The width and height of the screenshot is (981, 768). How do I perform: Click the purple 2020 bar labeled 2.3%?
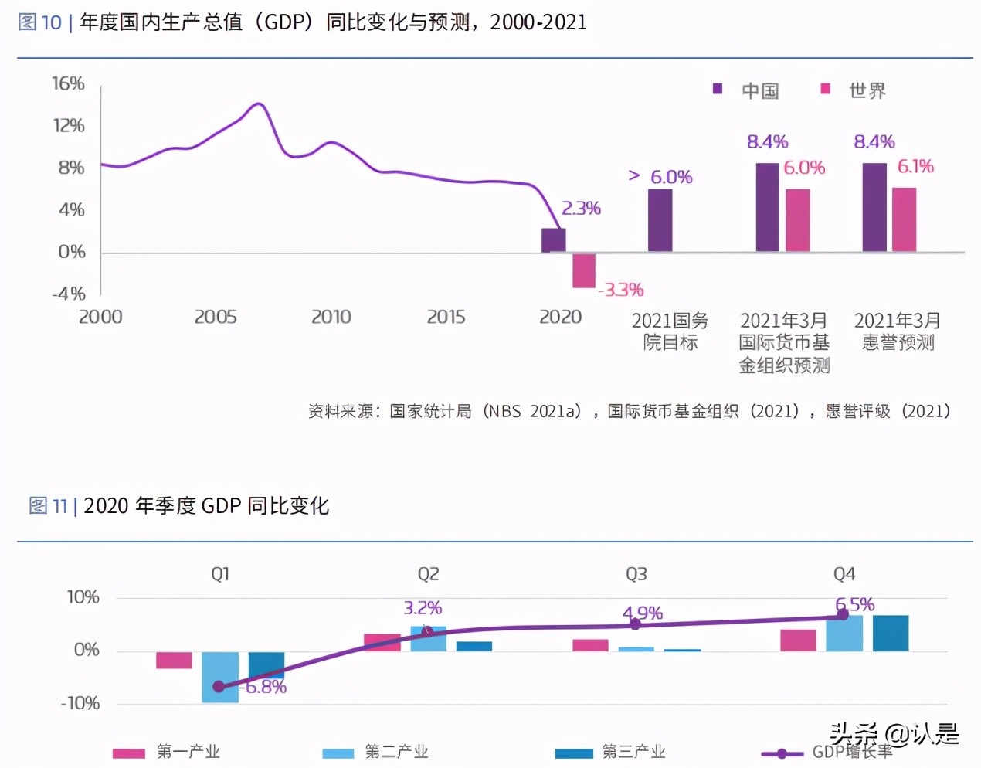click(x=553, y=240)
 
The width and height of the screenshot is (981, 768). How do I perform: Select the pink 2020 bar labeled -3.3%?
click(x=583, y=270)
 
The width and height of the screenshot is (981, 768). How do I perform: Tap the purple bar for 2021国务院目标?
click(x=660, y=220)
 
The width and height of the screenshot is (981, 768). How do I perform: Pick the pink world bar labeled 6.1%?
click(x=904, y=219)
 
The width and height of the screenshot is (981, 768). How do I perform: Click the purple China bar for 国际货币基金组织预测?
click(x=767, y=207)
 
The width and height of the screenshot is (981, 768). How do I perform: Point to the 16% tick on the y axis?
click(x=68, y=83)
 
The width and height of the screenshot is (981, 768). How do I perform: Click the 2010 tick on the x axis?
click(x=331, y=317)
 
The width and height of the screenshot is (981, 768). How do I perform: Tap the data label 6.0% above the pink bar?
click(x=804, y=168)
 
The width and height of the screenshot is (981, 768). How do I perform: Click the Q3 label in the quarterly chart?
click(x=636, y=574)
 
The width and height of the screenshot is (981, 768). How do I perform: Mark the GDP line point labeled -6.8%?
click(x=219, y=686)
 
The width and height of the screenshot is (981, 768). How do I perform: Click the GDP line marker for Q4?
click(x=843, y=615)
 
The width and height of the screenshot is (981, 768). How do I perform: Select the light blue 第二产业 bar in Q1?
click(x=220, y=677)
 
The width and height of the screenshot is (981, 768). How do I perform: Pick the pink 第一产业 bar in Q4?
click(x=798, y=641)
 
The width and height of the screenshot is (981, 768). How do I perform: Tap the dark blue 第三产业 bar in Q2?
click(x=474, y=646)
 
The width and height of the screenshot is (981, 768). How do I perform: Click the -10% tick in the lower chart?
click(x=80, y=703)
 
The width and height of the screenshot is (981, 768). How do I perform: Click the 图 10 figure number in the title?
click(x=39, y=22)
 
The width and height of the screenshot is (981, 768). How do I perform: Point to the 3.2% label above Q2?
click(x=423, y=608)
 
